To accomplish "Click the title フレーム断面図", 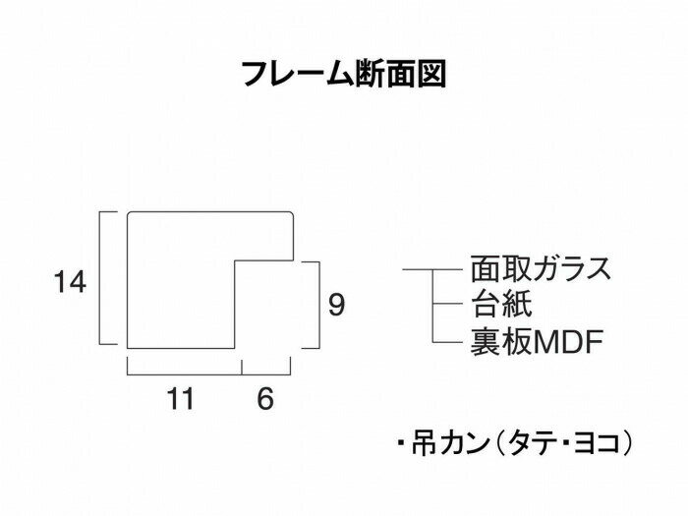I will [344, 75].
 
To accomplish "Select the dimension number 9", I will [336, 306].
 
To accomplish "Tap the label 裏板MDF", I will [536, 341].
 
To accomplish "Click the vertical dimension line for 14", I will [101, 278].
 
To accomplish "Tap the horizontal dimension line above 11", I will [185, 373].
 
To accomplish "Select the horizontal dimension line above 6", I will [267, 373].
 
